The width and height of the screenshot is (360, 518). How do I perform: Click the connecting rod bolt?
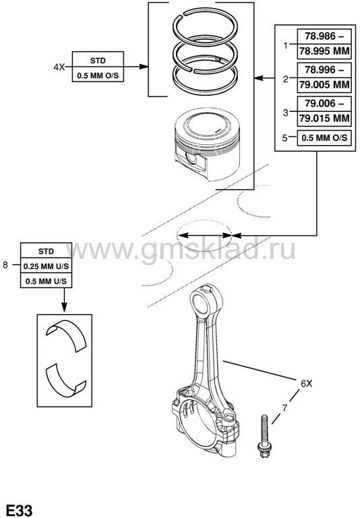[x=264, y=436]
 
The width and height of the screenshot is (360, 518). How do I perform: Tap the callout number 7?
[x=284, y=409]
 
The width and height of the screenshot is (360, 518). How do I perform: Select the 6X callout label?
[x=306, y=384]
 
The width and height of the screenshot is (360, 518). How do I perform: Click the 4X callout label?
[x=59, y=67]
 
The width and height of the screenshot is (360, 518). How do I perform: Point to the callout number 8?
[x=5, y=264]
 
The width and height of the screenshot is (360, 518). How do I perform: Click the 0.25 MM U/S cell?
[x=46, y=266]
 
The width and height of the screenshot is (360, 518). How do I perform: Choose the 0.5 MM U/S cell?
[x=46, y=281]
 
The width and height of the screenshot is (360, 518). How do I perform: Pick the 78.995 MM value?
[x=324, y=51]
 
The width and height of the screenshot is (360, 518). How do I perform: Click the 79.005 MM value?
[x=324, y=85]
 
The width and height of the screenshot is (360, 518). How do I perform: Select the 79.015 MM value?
[x=324, y=118]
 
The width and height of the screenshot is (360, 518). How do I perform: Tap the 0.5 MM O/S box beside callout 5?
[x=324, y=138]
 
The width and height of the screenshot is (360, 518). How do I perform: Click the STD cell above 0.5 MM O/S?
[x=98, y=61]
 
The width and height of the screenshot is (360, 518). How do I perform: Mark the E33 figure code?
[x=20, y=511]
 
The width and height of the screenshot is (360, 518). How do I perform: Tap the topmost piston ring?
[x=205, y=27]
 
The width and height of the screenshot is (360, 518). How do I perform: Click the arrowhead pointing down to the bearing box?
[x=65, y=308]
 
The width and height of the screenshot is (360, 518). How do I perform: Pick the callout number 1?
[x=286, y=46]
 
